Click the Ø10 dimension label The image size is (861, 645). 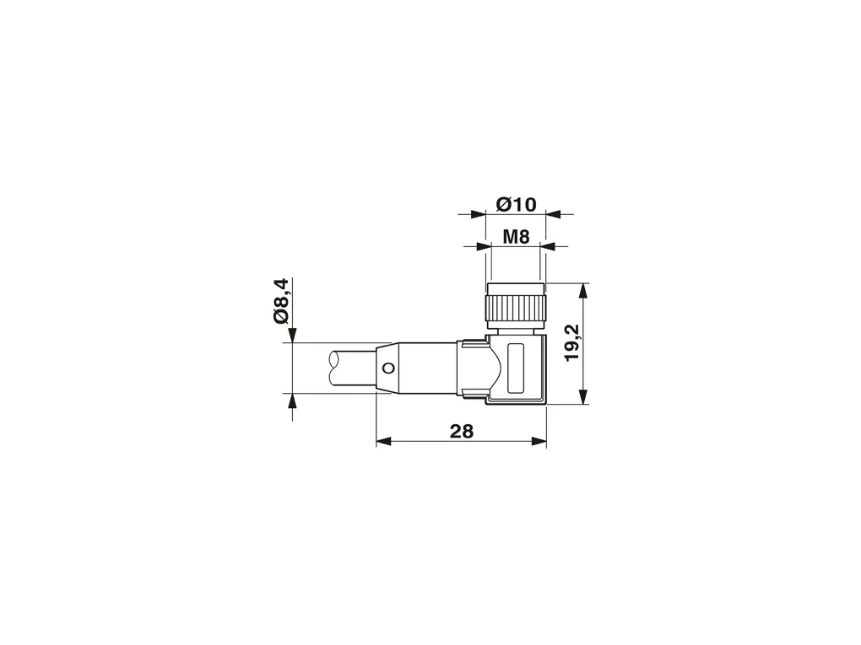point(516,205)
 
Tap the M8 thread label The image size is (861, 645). point(516,237)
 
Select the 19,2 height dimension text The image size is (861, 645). point(572,342)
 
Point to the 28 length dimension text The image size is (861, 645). point(461,432)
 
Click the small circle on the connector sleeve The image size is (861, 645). point(389,368)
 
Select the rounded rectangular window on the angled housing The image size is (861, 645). point(516,368)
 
